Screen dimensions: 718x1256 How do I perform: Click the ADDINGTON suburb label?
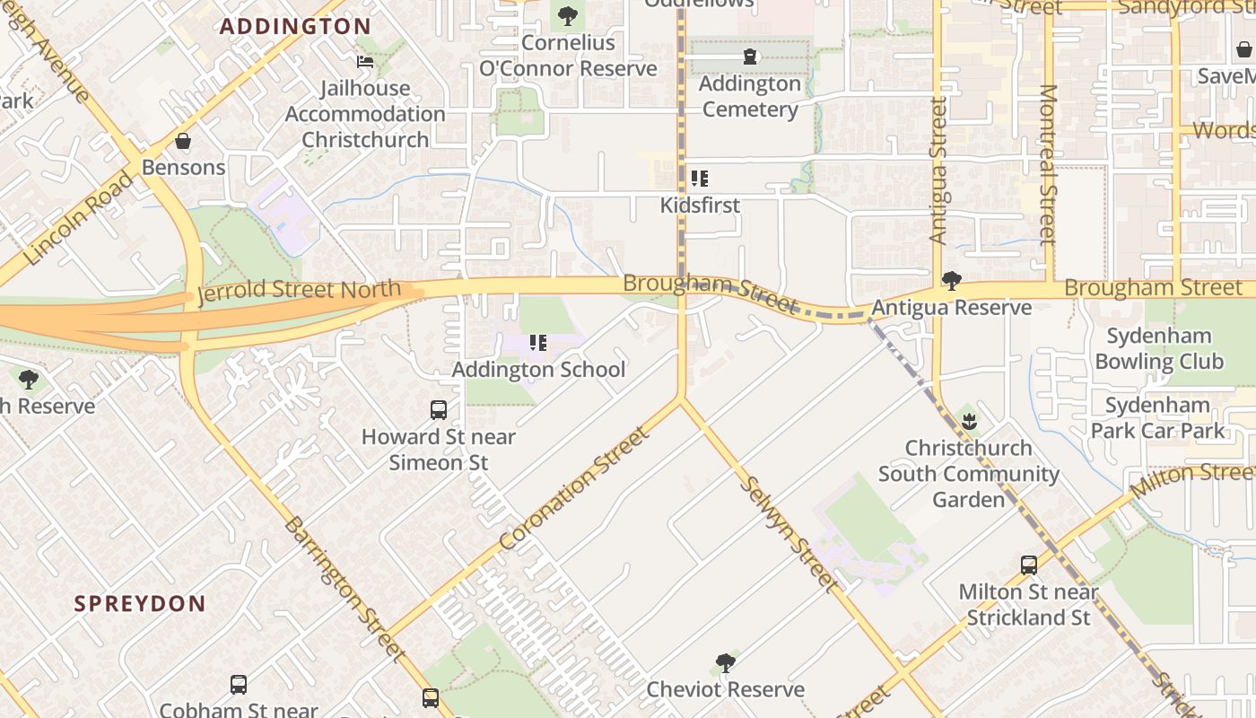point(295,26)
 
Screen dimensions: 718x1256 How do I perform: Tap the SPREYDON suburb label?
point(140,603)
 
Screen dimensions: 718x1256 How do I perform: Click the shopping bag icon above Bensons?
point(183,142)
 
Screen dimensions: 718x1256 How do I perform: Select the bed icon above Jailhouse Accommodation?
point(365,62)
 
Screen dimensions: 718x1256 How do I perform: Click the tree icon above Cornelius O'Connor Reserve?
point(567,16)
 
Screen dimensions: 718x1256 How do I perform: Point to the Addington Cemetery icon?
point(750,57)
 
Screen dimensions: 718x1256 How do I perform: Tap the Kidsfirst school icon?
point(700,179)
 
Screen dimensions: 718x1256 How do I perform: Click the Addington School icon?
point(538,343)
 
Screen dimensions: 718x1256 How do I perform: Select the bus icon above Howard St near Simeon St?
point(439,410)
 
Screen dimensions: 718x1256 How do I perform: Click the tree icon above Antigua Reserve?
point(952,282)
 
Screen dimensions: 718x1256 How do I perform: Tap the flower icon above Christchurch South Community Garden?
point(969,421)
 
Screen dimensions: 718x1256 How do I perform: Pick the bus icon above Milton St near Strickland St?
point(1029,565)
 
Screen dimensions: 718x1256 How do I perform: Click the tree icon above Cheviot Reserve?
point(726,663)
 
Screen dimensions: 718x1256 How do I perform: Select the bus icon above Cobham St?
point(239,685)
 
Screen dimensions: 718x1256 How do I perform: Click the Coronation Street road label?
point(573,489)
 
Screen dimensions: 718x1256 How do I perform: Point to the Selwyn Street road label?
point(789,534)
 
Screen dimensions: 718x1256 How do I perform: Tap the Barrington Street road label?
point(345,588)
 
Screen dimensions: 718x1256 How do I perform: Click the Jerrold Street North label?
point(299,291)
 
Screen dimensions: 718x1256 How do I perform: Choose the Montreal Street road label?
point(1048,165)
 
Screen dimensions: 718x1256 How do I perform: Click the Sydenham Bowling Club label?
point(1159,349)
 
